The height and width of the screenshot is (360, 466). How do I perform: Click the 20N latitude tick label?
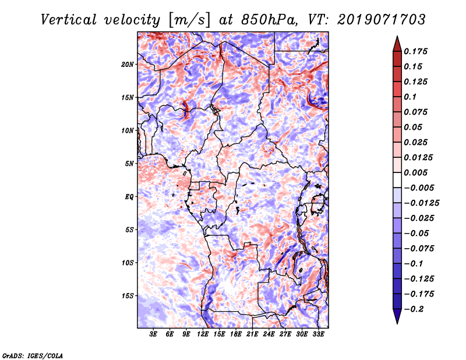pos(128,64)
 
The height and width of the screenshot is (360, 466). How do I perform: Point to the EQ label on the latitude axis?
pos(129,196)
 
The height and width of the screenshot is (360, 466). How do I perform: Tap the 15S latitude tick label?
pos(128,296)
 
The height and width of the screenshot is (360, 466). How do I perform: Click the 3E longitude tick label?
pos(153,334)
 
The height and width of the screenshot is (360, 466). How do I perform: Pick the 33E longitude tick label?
pos(317,334)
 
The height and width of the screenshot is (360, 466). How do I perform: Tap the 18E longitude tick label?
pos(235,334)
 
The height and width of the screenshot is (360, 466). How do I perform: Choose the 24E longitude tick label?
pos(269,334)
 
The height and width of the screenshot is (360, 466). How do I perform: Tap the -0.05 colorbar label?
pos(416,233)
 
